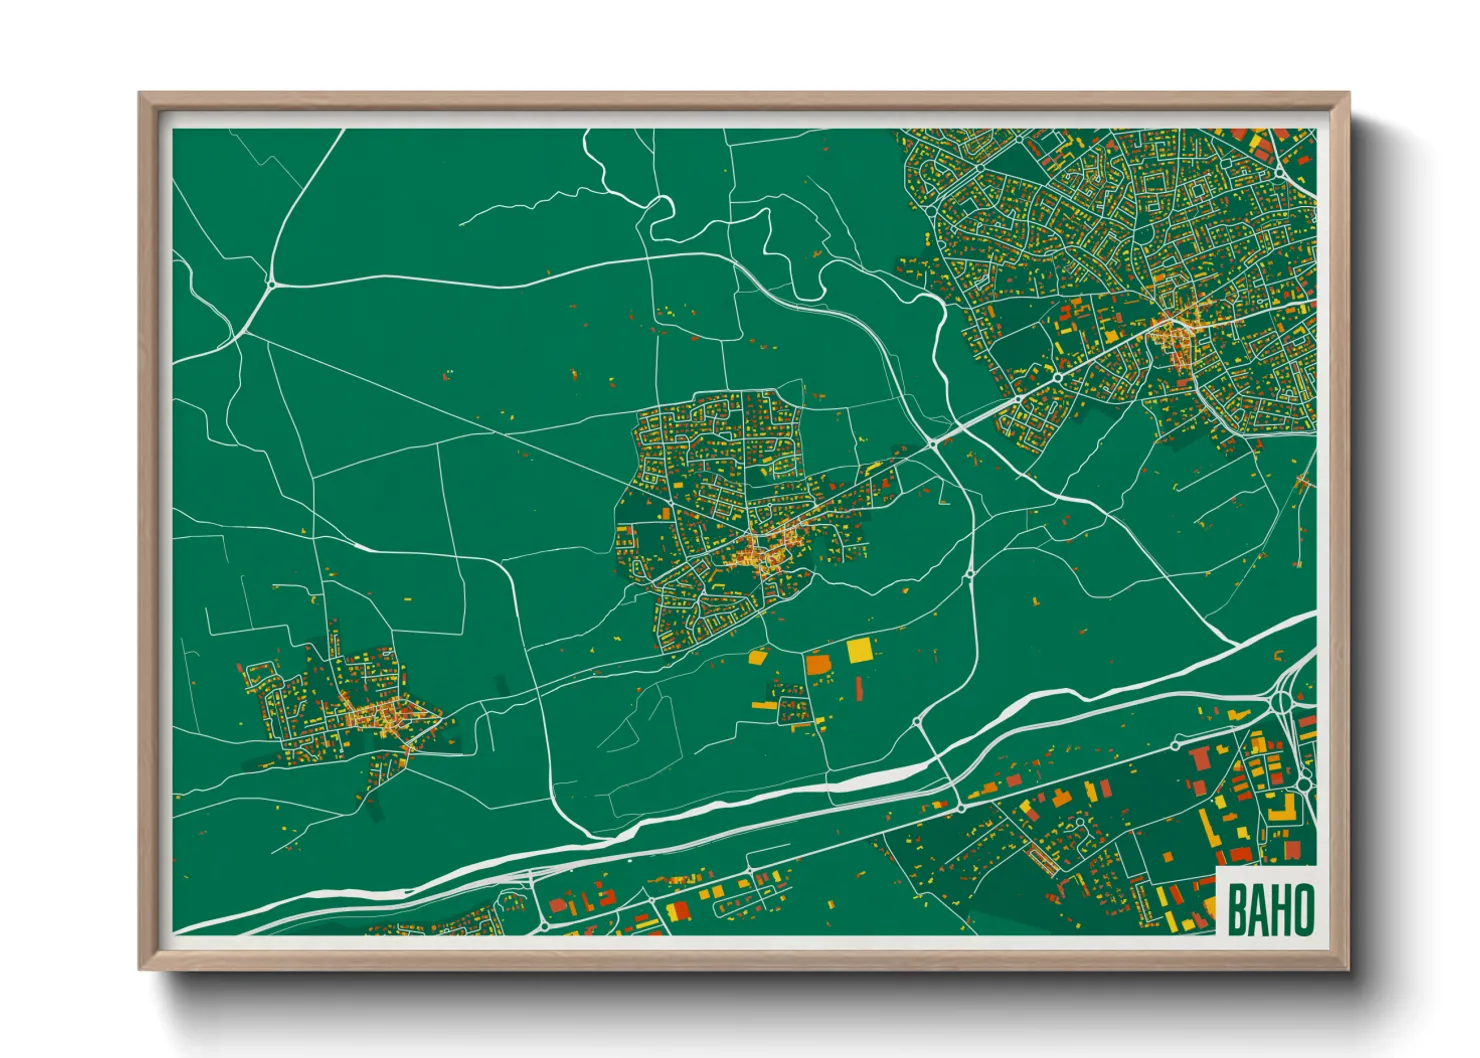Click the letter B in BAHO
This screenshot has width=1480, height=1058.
[x=1236, y=910]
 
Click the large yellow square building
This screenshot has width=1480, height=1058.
[x=859, y=651]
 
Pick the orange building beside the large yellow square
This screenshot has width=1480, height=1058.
[x=818, y=663]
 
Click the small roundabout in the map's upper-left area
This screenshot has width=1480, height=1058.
[x=271, y=284]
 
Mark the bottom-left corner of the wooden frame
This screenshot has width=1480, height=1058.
[x=140, y=969]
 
